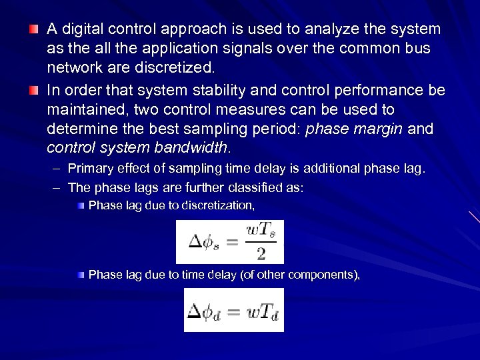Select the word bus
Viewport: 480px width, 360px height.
[418, 49]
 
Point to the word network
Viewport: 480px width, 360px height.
[73, 67]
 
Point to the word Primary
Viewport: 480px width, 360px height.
[90, 169]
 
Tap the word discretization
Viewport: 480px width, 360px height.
[217, 205]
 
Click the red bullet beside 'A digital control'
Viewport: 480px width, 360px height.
[33, 29]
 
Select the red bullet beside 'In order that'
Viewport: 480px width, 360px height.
[33, 90]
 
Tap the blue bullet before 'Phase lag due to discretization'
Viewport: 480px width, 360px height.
[81, 205]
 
